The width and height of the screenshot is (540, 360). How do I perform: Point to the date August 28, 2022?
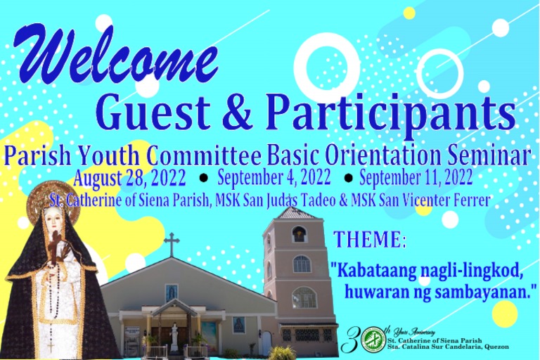[x=129, y=176]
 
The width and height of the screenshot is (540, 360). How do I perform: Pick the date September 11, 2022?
[x=416, y=175]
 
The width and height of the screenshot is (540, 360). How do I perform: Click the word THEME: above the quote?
[x=370, y=240]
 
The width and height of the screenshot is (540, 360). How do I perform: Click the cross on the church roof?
[x=171, y=244]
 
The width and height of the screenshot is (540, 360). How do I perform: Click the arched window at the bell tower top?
[x=300, y=234]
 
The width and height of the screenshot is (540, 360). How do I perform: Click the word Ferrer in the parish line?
[x=470, y=200]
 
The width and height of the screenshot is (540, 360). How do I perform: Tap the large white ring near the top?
[x=327, y=67]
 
